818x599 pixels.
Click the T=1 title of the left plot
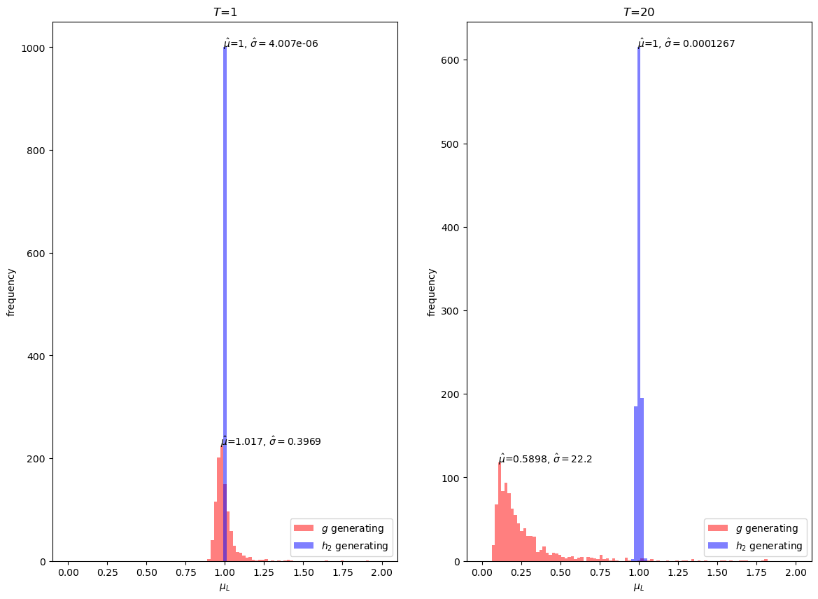[x=225, y=12]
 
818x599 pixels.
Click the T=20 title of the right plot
[x=639, y=12]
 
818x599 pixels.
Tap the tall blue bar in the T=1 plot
[x=225, y=280]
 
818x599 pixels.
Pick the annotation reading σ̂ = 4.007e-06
[x=271, y=43]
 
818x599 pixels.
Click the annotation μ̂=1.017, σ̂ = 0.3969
[x=271, y=442]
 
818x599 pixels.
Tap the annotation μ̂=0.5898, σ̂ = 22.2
[x=545, y=460]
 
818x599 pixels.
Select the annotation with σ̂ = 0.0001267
[x=686, y=43]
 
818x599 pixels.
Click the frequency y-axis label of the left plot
[x=11, y=291]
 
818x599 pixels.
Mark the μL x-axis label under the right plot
[x=639, y=587]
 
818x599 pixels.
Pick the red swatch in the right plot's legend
[x=718, y=528]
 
